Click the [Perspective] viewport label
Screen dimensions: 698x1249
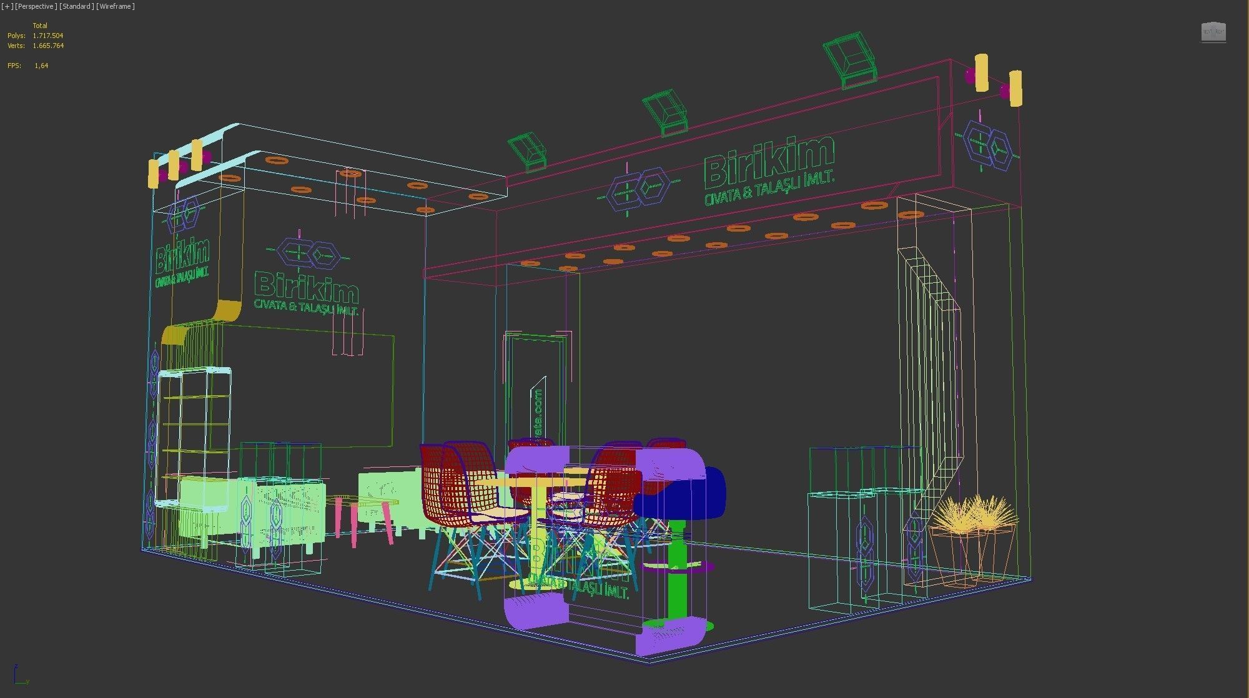[36, 6]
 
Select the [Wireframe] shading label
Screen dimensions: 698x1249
[116, 6]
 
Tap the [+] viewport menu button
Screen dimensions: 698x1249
[7, 6]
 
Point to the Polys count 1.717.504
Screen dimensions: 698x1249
[48, 36]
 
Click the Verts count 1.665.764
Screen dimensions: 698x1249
[48, 46]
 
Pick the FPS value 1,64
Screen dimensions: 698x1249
[41, 66]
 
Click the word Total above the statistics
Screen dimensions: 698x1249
[40, 26]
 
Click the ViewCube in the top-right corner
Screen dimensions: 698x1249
[1213, 32]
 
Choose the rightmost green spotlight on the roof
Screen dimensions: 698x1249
[849, 61]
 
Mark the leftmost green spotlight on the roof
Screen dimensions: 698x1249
[528, 152]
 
